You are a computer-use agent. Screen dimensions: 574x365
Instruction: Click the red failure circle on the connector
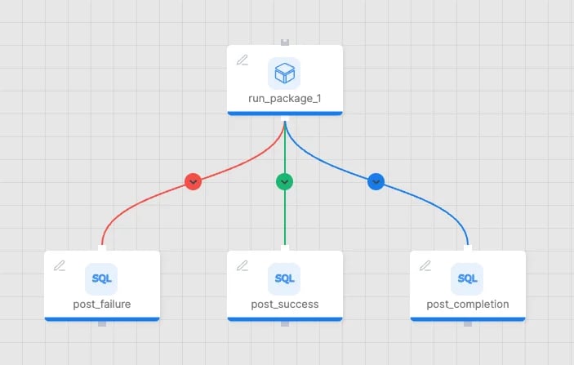tap(193, 181)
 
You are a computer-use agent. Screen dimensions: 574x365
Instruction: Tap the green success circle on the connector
tap(284, 181)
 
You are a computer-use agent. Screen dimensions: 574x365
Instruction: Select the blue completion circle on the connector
tap(376, 181)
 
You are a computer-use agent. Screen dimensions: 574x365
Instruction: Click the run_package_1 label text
tap(285, 99)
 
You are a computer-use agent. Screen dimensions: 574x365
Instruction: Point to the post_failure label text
tap(102, 305)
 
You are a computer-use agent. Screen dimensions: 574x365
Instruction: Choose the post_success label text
tap(285, 305)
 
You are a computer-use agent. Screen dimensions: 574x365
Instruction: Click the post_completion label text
tap(468, 305)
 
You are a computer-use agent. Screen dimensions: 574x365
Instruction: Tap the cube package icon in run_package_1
tap(284, 73)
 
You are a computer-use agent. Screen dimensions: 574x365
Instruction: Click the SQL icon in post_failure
tap(101, 279)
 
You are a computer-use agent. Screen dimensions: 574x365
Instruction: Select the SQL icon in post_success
tap(284, 279)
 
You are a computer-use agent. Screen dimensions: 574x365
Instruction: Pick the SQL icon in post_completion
tap(467, 279)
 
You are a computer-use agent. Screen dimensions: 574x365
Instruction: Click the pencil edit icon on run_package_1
tap(243, 60)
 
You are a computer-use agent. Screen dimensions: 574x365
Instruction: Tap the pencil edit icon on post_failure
tap(60, 265)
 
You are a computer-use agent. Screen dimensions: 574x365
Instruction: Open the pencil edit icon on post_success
tap(243, 265)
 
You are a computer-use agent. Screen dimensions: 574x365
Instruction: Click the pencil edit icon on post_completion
tap(425, 265)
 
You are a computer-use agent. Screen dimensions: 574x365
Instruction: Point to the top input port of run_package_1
tap(285, 42)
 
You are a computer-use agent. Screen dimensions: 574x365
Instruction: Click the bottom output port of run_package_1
tap(285, 118)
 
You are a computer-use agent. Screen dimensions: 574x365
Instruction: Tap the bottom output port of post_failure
tap(102, 323)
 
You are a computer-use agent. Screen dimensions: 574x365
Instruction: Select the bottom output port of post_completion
tap(468, 323)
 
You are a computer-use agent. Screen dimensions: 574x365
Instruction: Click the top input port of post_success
tap(285, 248)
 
